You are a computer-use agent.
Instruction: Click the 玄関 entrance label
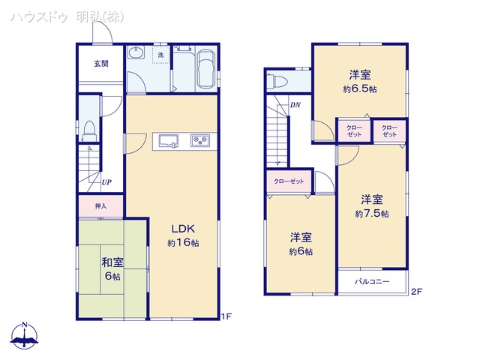coord(101,63)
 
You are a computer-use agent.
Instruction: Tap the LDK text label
coord(182,229)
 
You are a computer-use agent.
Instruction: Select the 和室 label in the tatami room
coord(113,262)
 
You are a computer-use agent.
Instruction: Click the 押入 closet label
coord(101,205)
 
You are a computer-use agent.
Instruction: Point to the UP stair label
coord(107,182)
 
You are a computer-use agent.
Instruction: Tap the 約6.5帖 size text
coord(361,88)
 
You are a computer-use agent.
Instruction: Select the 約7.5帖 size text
coord(372,214)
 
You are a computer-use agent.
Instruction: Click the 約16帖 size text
coord(182,243)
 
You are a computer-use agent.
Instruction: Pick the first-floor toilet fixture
coord(89,130)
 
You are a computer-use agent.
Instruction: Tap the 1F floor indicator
coord(226,316)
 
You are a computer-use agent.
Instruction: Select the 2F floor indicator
coord(416,291)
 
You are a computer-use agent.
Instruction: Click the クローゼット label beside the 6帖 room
coord(289,182)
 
